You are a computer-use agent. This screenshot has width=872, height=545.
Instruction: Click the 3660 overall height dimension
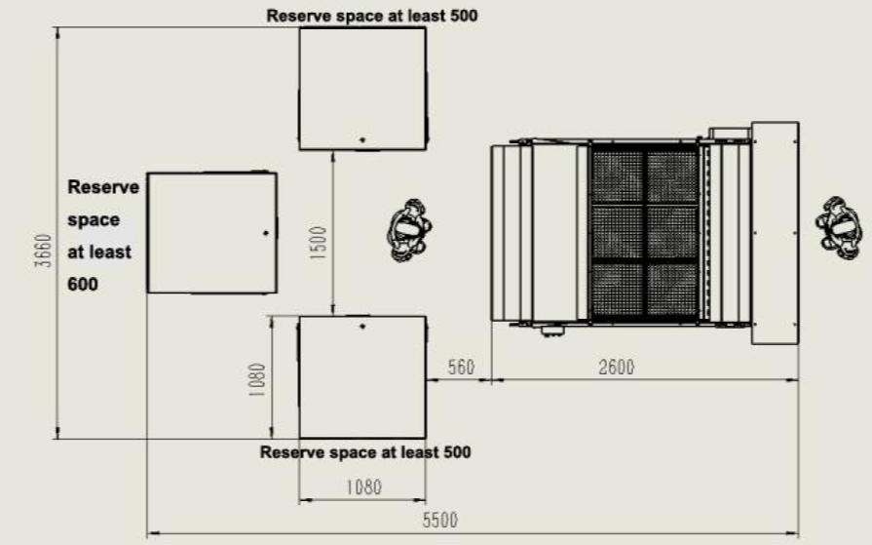point(43,252)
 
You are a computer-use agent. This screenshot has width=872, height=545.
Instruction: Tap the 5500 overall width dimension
point(439,520)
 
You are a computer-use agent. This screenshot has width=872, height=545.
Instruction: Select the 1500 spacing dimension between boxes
point(318,243)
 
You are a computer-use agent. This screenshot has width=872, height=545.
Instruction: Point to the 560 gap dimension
point(461,368)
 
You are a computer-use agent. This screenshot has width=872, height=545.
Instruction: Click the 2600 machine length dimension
point(616,368)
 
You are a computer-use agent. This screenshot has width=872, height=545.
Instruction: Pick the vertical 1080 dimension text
point(257,379)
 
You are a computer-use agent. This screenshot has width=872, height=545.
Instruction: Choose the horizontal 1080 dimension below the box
point(363,487)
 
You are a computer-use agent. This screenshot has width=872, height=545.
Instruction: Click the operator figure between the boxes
point(409,230)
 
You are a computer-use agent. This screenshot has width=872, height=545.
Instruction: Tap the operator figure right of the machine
point(839,228)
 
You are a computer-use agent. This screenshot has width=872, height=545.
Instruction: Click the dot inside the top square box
point(362,139)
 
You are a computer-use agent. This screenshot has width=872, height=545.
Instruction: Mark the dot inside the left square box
point(265,233)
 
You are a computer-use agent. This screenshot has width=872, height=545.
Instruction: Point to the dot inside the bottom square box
point(362,327)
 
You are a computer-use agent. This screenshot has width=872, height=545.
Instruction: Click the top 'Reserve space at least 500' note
point(372,16)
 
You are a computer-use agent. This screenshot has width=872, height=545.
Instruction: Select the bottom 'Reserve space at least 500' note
point(365,452)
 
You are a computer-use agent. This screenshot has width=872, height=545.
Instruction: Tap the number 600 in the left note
point(83,285)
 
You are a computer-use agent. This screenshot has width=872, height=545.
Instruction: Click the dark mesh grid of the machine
point(644,232)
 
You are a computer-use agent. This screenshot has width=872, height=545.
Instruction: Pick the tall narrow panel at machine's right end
point(776,233)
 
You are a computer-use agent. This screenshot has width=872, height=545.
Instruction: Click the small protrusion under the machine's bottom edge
point(552,331)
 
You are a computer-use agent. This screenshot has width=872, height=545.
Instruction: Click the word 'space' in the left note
point(94,220)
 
